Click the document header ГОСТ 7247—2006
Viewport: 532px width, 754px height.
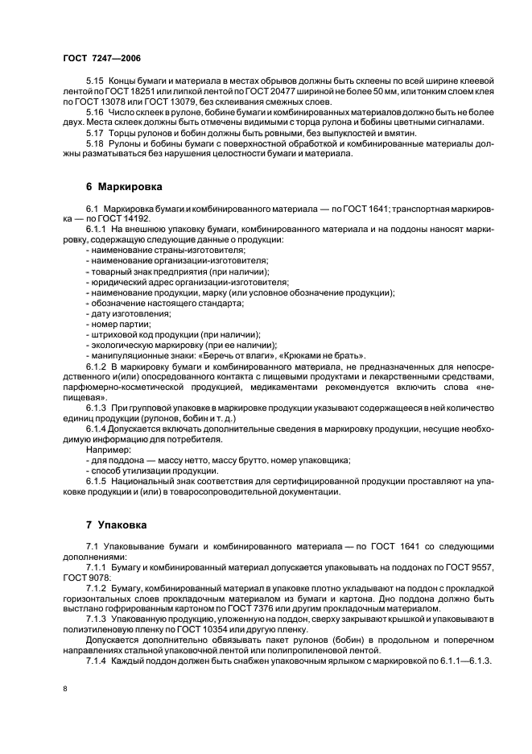101,59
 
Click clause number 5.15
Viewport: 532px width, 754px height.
94,82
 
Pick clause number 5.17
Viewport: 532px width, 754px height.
94,132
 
